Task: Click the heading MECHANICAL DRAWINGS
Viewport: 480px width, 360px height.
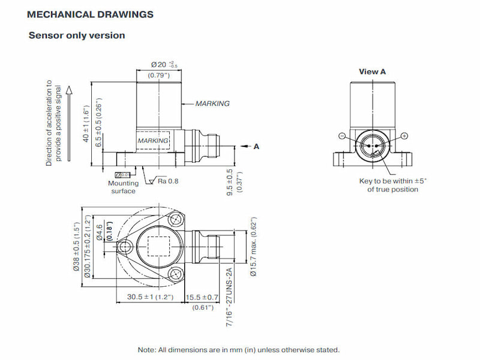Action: point(90,14)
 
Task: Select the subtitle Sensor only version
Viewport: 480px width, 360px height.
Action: point(77,35)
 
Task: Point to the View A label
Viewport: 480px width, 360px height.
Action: point(372,71)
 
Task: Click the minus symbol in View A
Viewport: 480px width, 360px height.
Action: point(341,136)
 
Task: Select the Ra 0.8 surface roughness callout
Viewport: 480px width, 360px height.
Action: point(168,181)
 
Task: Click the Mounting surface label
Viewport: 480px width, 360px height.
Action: point(123,187)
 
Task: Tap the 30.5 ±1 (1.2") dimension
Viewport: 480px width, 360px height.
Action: point(150,297)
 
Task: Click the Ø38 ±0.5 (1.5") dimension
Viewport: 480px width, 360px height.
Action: point(76,246)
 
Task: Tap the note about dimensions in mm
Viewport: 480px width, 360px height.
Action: point(239,350)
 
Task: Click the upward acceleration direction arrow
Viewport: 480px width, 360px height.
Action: point(69,123)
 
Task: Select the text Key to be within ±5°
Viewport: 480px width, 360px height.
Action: point(392,181)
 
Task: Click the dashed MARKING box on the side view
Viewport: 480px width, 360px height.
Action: point(154,140)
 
